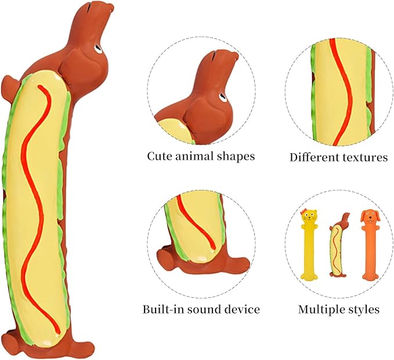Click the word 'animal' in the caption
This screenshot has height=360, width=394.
point(191,156)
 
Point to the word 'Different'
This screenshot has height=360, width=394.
point(314,157)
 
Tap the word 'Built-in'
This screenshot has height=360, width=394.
point(163,309)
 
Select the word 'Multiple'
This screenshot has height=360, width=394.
point(320,309)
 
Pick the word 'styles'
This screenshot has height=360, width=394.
point(363,309)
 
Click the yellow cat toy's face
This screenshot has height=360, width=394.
point(309,215)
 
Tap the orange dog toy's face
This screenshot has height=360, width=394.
point(369,217)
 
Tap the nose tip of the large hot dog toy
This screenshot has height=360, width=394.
point(111,8)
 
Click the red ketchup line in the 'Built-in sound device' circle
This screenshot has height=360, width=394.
point(197,221)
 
